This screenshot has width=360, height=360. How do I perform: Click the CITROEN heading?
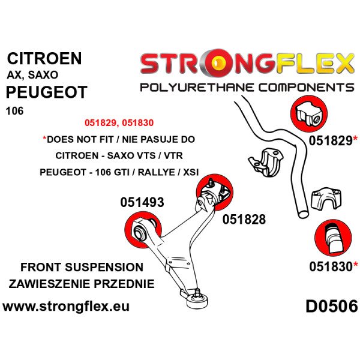tap(44, 59)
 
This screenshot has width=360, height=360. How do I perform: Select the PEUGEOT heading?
tap(46, 92)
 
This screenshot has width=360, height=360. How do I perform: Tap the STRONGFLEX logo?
tap(246, 63)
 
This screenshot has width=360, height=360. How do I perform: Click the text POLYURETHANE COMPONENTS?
tap(246, 88)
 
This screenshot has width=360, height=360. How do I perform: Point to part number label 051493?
tap(141, 203)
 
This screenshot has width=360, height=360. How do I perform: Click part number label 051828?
tap(243, 220)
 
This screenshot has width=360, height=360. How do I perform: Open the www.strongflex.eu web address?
tap(66, 307)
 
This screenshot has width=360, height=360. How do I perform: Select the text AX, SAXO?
tap(32, 76)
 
